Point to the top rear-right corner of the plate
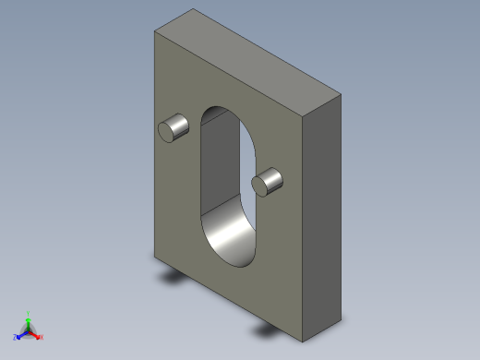pos(340,94)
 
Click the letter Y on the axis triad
pos(29,313)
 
